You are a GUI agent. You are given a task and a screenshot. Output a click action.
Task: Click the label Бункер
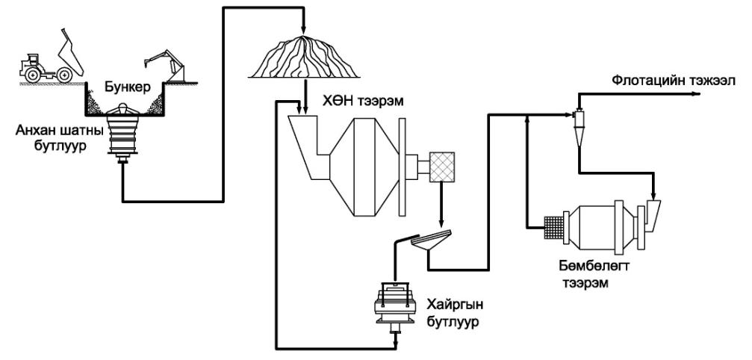point(128,87)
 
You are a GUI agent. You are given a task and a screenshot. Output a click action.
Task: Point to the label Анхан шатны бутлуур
point(50,137)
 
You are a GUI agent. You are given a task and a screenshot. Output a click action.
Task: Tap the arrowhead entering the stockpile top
point(304,30)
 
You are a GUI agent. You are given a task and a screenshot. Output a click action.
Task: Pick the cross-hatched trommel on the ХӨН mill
point(441,167)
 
